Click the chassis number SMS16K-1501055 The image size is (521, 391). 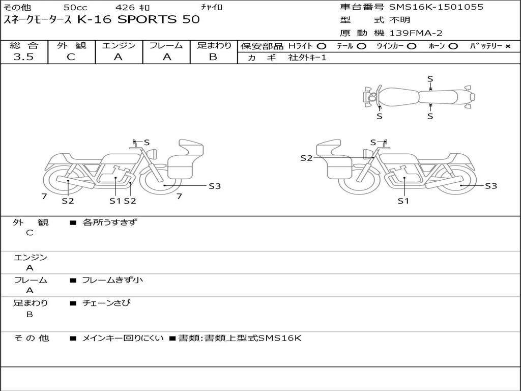point(436,7)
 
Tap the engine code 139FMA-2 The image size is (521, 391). point(416,33)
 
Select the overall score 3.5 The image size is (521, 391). point(23,57)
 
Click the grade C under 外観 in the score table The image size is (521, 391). point(71,57)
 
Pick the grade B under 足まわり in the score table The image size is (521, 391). point(213,57)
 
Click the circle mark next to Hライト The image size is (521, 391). point(322,46)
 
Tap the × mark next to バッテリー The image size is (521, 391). point(507,46)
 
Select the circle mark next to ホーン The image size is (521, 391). point(453,46)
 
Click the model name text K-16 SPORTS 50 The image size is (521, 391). point(138,19)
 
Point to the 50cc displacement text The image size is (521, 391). point(75,7)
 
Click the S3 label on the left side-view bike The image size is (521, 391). point(215,186)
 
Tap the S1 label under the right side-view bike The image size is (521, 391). point(403,201)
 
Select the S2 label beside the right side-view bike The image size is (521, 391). point(306,158)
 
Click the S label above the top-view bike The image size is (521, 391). point(430,79)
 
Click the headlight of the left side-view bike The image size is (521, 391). point(153,154)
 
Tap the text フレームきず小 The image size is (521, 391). point(112,280)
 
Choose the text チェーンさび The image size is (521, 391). point(106,303)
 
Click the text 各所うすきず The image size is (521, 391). point(110,222)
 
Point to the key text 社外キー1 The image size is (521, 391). point(307,58)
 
